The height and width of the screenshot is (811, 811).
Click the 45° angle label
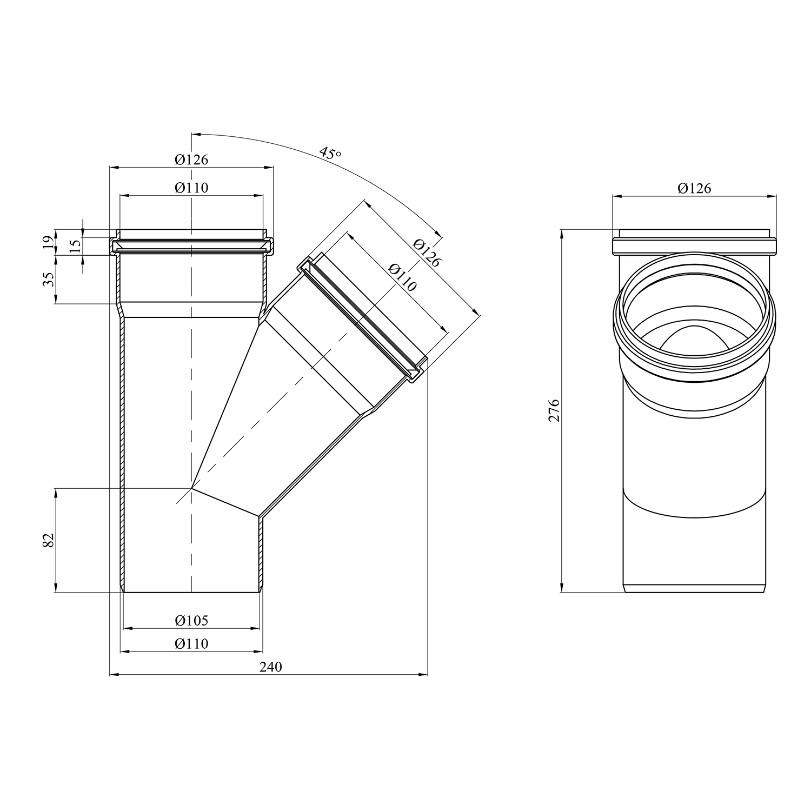pos(330,153)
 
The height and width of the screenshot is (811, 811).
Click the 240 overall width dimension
pos(270,667)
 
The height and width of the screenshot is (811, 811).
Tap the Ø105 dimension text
pos(191,620)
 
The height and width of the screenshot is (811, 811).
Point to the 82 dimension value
pos(48,540)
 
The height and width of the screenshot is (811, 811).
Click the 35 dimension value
pos(48,280)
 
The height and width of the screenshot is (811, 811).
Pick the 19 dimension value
pos(48,242)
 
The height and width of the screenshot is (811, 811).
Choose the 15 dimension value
pos(75,243)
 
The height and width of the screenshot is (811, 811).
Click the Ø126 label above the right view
pos(694,188)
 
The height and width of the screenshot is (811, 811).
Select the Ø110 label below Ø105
pos(191,644)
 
